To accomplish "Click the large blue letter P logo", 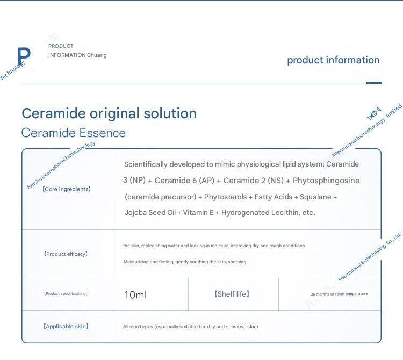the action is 24,55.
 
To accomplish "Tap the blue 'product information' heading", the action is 333,60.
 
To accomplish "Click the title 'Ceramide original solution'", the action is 109,113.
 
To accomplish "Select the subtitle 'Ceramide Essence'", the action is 74,133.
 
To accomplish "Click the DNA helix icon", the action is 374,113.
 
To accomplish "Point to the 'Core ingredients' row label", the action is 67,189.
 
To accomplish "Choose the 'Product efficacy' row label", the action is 66,254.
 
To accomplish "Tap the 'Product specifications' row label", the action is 66,293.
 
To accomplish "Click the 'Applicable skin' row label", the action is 66,326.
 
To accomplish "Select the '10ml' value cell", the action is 135,295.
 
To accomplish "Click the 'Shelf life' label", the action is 232,294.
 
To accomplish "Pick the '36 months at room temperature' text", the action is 339,294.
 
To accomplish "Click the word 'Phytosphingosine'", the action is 326,181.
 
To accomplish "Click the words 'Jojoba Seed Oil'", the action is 150,212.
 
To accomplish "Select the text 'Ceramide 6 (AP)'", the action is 184,181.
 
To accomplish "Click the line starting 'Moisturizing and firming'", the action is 185,262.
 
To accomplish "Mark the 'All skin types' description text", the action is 190,327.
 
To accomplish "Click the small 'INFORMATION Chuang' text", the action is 77,55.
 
